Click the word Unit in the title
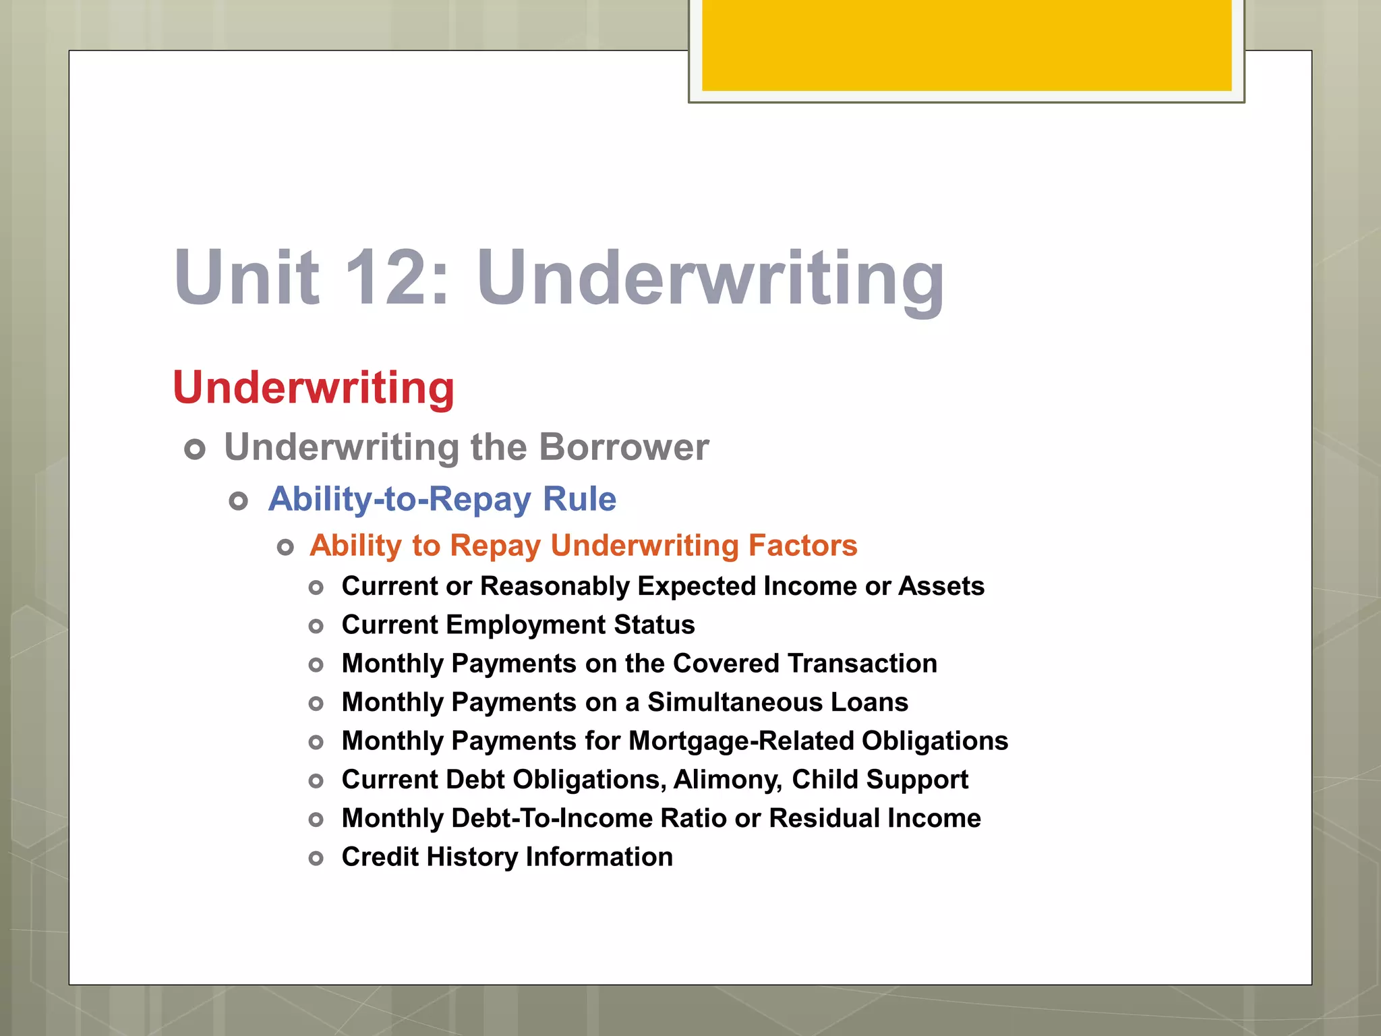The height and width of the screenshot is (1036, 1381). pyautogui.click(x=247, y=277)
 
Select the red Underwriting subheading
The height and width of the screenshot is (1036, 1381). pyautogui.click(x=314, y=388)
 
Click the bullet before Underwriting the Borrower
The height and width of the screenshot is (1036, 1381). pyautogui.click(x=195, y=449)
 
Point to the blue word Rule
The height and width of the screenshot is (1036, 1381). pyautogui.click(x=579, y=499)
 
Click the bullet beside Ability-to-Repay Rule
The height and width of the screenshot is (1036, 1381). pyautogui.click(x=239, y=501)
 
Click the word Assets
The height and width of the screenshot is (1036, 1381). pyautogui.click(x=941, y=586)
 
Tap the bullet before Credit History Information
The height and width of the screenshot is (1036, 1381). pyautogui.click(x=316, y=859)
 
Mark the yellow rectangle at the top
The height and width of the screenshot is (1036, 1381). pyautogui.click(x=966, y=45)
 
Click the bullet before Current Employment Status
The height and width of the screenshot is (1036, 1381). pyautogui.click(x=316, y=627)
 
